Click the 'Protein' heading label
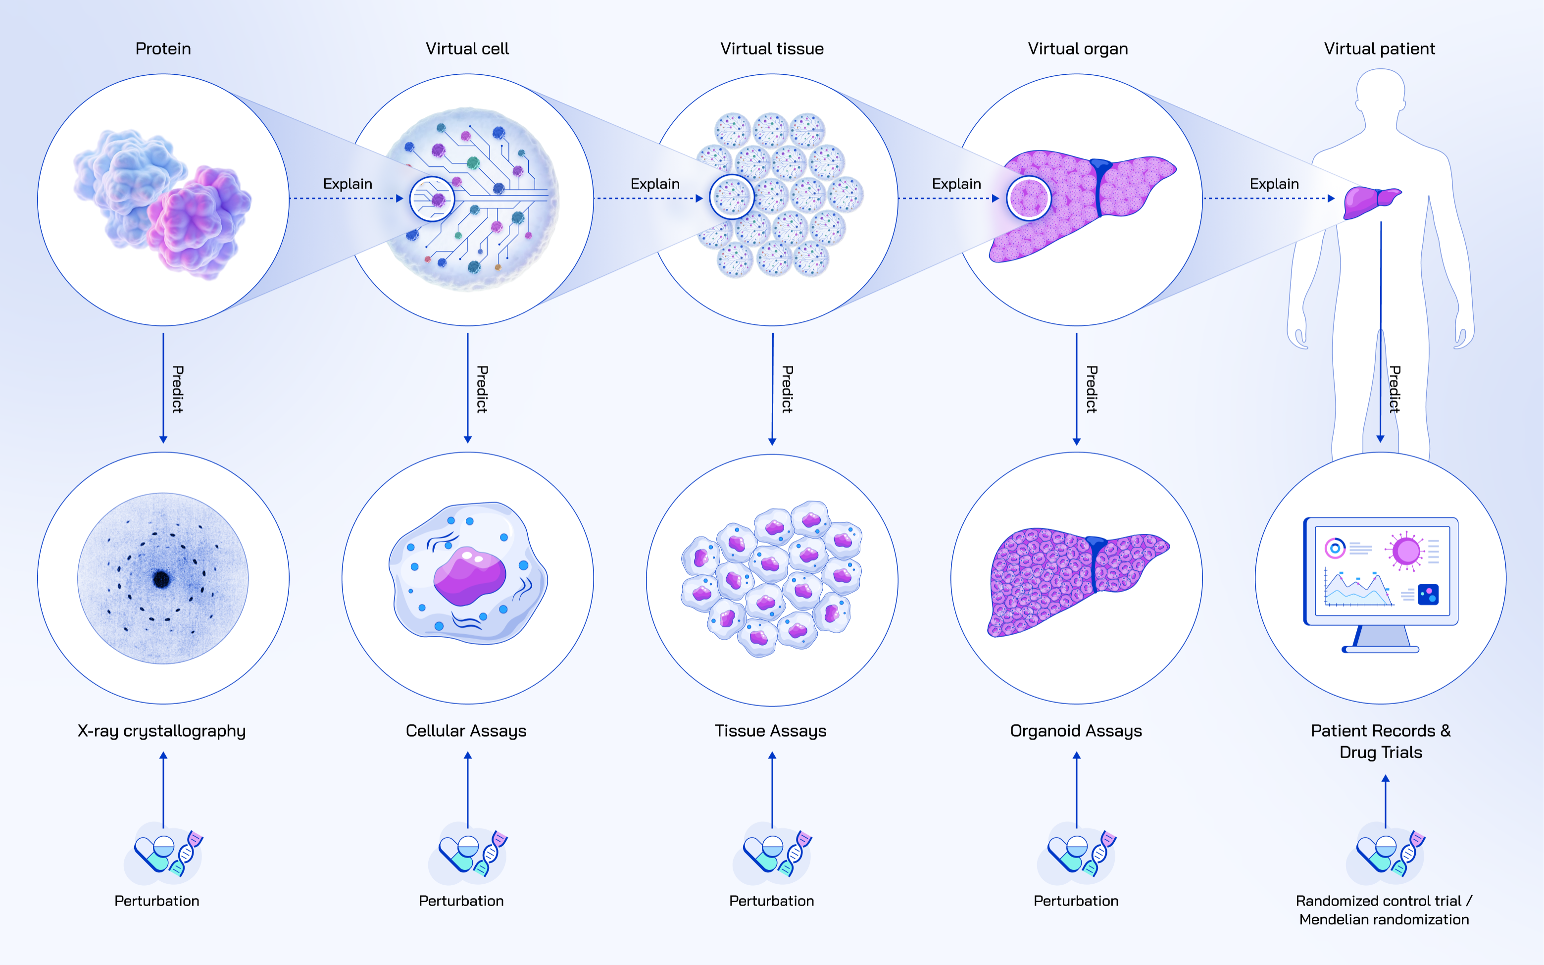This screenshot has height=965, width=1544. point(163,49)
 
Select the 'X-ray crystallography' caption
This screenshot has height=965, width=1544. point(161,731)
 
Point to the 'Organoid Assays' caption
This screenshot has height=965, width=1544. point(1076,731)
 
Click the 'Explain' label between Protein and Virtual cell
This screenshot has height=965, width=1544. point(347,184)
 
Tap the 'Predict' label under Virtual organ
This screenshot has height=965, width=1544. point(1092,389)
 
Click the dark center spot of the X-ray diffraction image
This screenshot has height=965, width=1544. point(161,579)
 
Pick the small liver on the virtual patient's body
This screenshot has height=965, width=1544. point(1370,202)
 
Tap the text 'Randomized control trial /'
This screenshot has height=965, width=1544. point(1383,901)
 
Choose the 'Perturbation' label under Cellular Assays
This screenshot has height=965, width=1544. point(461,901)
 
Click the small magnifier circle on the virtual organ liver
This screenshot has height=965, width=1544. point(1029,199)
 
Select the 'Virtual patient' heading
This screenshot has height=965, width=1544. point(1379,49)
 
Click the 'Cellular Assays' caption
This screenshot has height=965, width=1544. point(466,731)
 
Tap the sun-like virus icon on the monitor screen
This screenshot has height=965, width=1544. point(1405,551)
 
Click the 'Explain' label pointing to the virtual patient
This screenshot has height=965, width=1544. point(1274,184)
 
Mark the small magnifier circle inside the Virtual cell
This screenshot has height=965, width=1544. point(432,199)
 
